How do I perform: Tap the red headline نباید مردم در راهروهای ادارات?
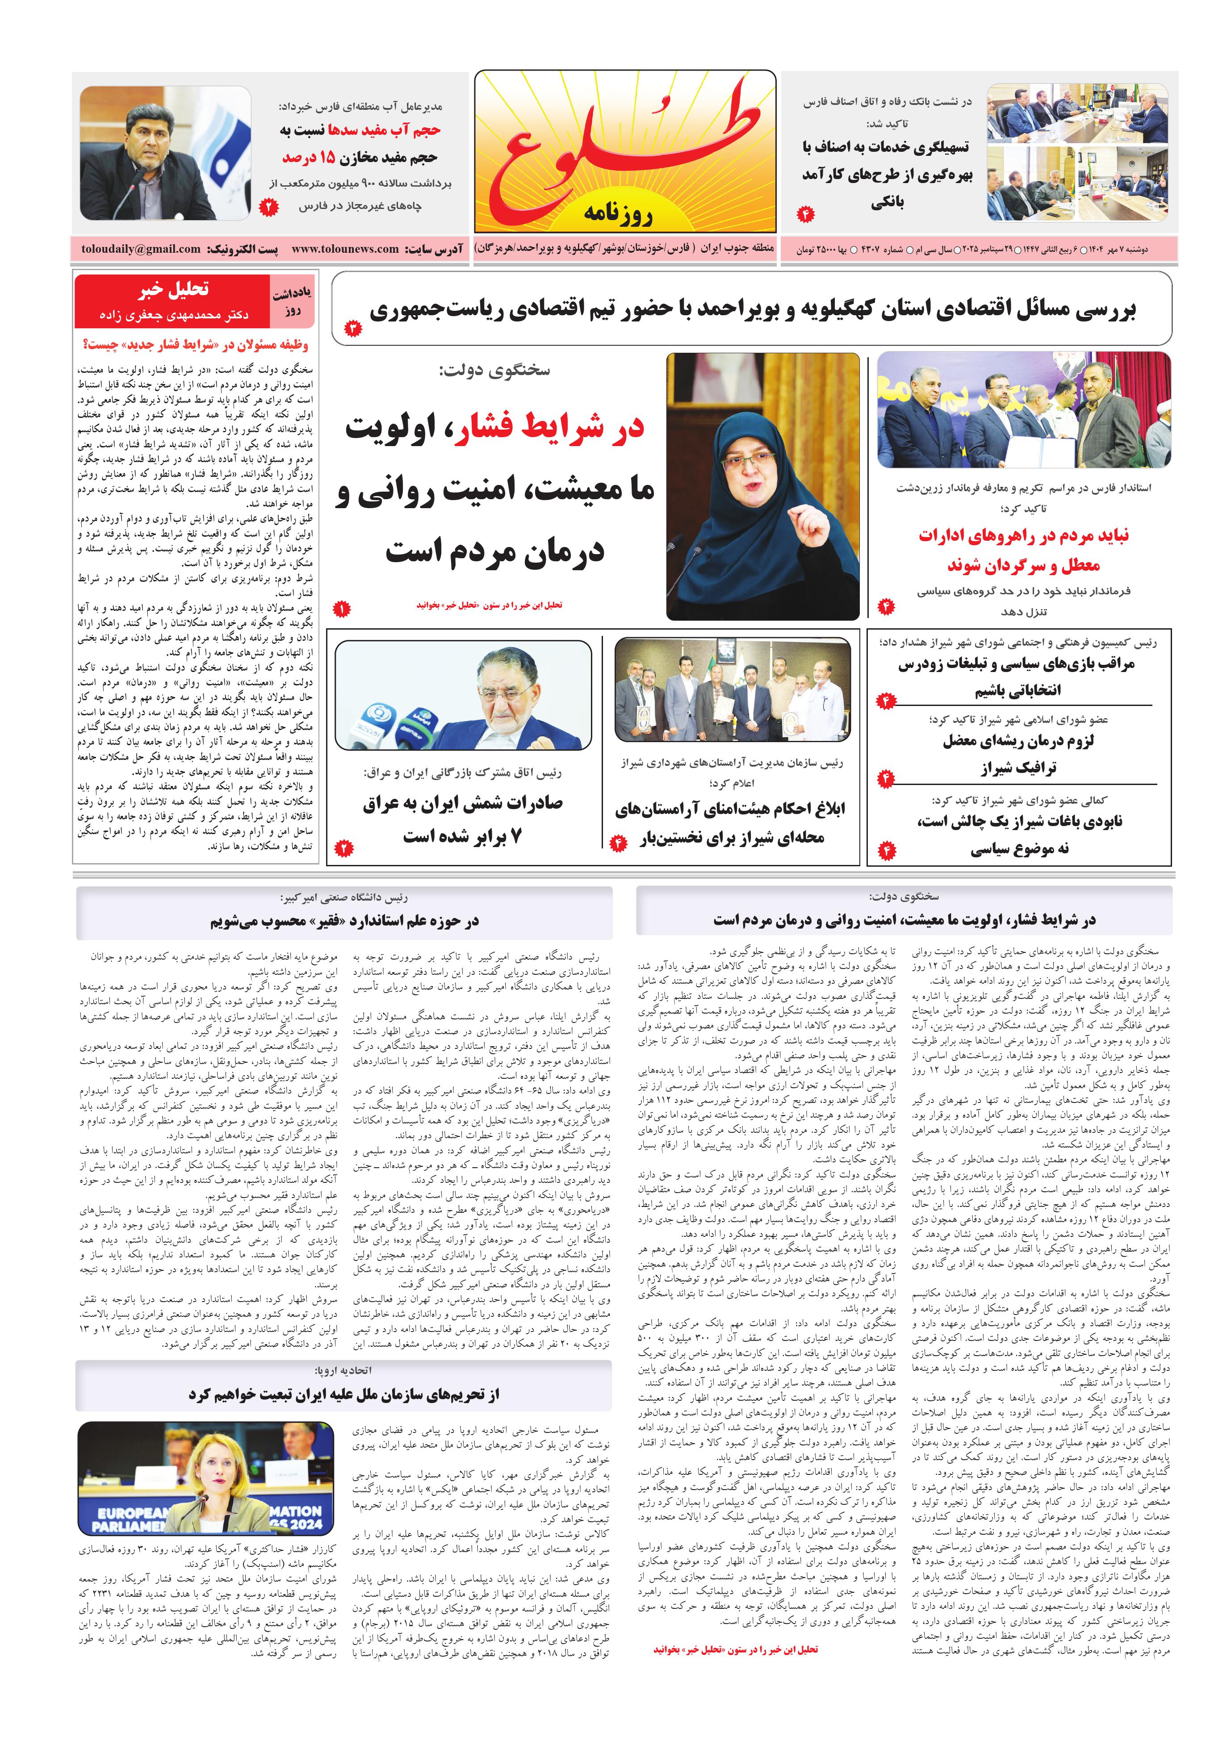coord(1023,536)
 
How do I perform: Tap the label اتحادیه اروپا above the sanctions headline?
coord(343,1370)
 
